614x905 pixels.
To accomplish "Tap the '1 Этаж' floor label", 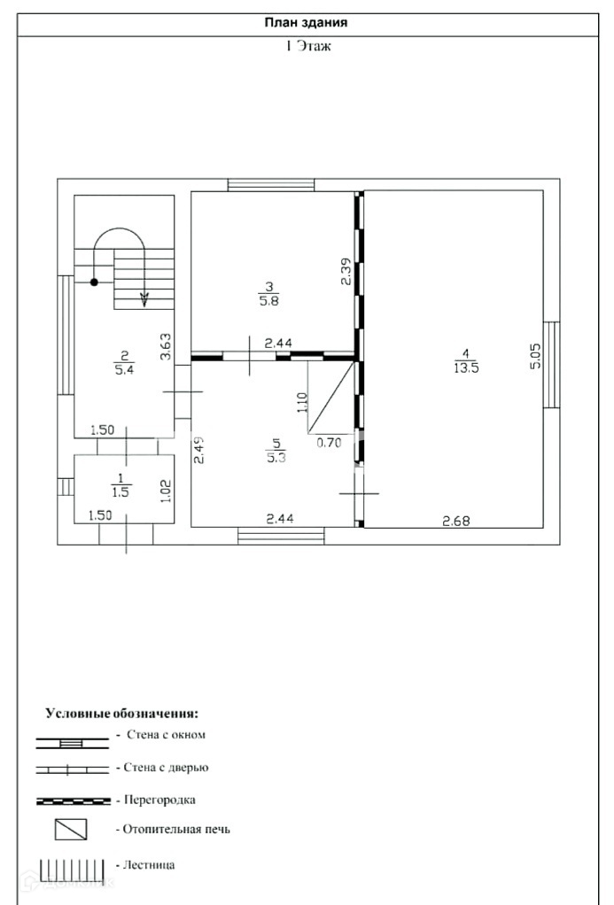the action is [307, 46].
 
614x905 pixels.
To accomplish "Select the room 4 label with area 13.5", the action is [466, 363].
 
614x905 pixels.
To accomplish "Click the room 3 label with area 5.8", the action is [268, 292].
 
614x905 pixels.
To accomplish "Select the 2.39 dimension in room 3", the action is [346, 271].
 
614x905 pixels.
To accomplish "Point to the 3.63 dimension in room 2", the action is [164, 346].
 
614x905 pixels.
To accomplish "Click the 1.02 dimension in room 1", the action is [164, 490].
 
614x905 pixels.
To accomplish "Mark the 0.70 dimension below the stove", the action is [329, 444].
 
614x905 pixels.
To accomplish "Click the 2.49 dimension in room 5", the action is [199, 451].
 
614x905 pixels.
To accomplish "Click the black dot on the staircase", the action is [94, 282].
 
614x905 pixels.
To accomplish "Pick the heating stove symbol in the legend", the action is [71, 830].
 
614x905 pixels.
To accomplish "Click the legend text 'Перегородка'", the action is [156, 800].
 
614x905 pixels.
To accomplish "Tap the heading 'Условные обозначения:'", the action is [122, 713].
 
